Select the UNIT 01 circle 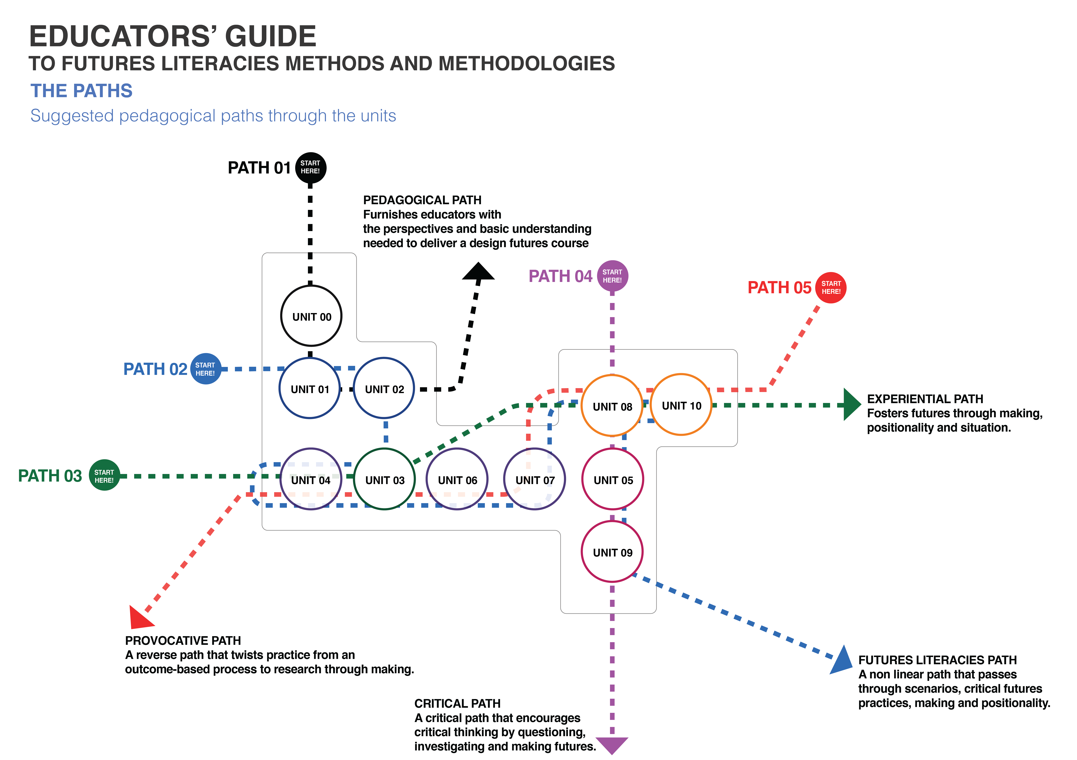[x=310, y=389]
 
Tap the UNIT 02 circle [x=384, y=389]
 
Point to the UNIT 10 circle [x=681, y=405]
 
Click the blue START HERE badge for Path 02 [x=205, y=369]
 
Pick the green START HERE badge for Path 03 [x=104, y=475]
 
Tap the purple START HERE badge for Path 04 [x=612, y=276]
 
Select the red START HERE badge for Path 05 [x=831, y=287]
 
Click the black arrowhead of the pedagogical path [x=478, y=272]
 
